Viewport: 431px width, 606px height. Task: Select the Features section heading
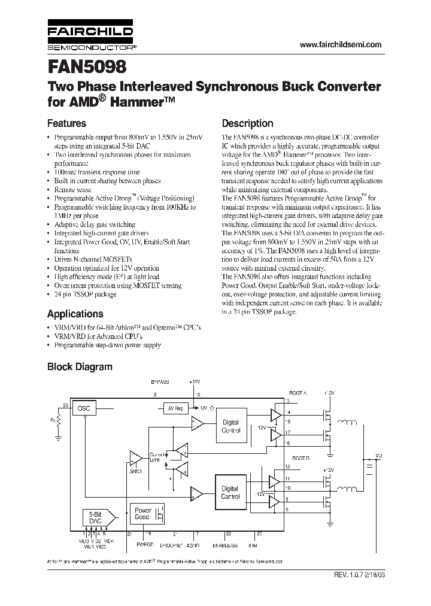tap(66, 123)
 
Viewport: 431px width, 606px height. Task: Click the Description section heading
tap(247, 123)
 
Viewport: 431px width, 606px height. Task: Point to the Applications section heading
tap(75, 314)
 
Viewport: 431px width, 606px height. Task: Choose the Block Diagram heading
tap(80, 366)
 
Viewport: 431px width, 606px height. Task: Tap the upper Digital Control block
tap(230, 426)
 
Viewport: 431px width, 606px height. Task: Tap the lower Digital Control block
tap(230, 492)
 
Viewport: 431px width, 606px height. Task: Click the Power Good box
tap(142, 513)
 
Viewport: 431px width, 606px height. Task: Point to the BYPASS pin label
tap(160, 381)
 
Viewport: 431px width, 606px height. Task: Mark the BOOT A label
tap(296, 393)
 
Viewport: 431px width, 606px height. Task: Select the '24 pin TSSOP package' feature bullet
tap(85, 295)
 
